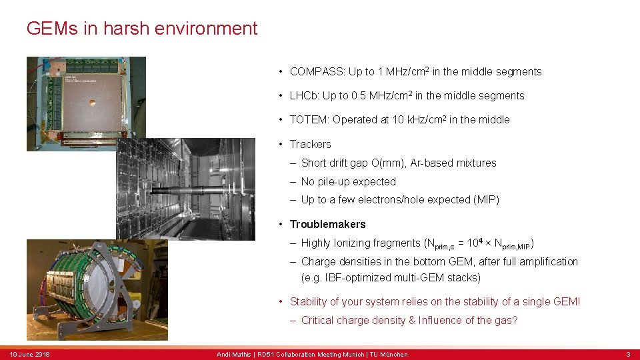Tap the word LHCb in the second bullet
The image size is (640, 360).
point(303,96)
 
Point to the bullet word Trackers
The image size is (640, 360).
point(310,144)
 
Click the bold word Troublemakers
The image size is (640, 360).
point(327,224)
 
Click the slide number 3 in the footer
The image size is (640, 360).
point(627,354)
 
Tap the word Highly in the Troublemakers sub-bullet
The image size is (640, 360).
point(317,243)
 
